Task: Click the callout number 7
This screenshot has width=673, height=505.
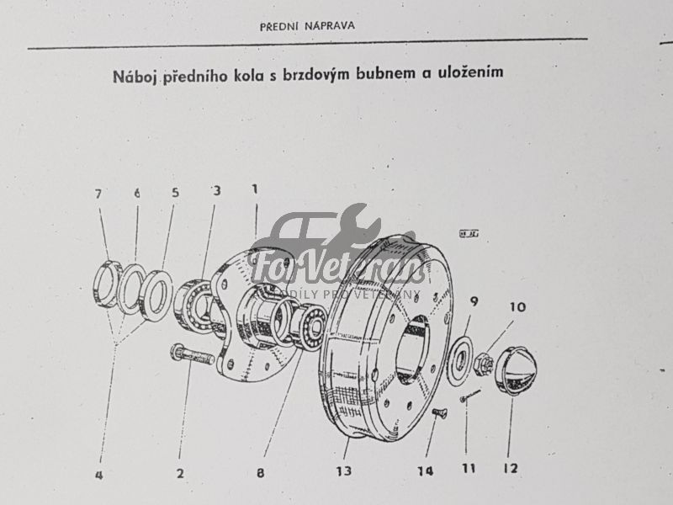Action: [98, 194]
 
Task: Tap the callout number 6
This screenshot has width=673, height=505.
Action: [136, 193]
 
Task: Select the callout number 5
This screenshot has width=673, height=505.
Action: [175, 193]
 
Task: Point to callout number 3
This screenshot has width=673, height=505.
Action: [216, 191]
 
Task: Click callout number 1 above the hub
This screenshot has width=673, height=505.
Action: [254, 189]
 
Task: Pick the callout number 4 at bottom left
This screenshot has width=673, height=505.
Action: [98, 475]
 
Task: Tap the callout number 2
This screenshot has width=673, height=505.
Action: [179, 473]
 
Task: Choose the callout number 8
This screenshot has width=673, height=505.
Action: [261, 473]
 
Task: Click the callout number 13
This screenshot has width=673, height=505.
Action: [343, 471]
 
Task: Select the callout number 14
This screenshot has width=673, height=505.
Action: [426, 471]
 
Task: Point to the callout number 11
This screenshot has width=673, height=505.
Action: [468, 469]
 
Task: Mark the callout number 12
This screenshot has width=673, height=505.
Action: [511, 468]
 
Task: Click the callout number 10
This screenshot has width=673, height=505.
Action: [517, 307]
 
